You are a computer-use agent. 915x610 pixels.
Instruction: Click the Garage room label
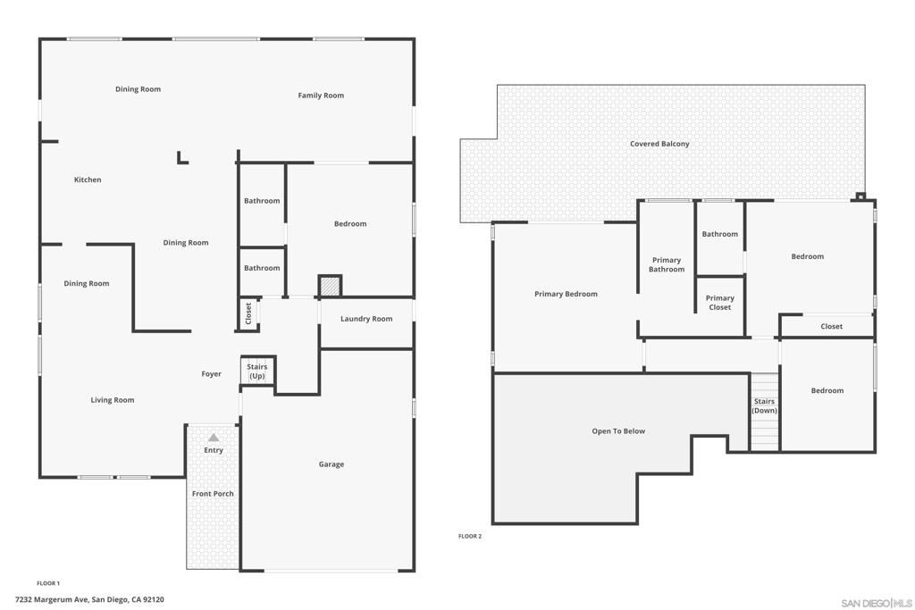pyautogui.click(x=332, y=464)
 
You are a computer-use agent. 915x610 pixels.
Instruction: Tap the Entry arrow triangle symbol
pyautogui.click(x=214, y=438)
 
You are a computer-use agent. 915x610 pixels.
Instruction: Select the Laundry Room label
pyautogui.click(x=366, y=319)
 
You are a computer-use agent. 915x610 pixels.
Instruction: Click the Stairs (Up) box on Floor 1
pyautogui.click(x=257, y=372)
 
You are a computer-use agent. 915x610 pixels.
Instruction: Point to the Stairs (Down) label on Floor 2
pyautogui.click(x=764, y=406)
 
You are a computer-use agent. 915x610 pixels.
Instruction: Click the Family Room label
pyautogui.click(x=321, y=96)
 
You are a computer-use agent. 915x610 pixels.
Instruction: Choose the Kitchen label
pyautogui.click(x=88, y=180)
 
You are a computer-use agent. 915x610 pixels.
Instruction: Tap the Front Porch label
pyautogui.click(x=213, y=494)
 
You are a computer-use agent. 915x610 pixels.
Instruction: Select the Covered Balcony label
pyautogui.click(x=659, y=144)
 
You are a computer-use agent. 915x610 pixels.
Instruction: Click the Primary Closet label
pyautogui.click(x=719, y=303)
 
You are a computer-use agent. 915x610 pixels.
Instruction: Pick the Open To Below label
pyautogui.click(x=618, y=431)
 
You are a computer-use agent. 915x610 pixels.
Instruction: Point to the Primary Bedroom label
pyautogui.click(x=566, y=294)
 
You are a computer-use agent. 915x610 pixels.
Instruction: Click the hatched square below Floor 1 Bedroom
pyautogui.click(x=330, y=286)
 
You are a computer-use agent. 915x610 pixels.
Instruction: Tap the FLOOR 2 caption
pyautogui.click(x=470, y=536)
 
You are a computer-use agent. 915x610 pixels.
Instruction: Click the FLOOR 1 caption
pyautogui.click(x=48, y=583)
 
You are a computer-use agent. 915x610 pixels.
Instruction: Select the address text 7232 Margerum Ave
pyautogui.click(x=89, y=600)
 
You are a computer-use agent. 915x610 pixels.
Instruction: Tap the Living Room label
pyautogui.click(x=113, y=400)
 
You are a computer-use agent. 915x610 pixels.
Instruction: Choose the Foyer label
pyautogui.click(x=211, y=374)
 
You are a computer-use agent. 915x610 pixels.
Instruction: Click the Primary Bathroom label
pyautogui.click(x=667, y=264)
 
